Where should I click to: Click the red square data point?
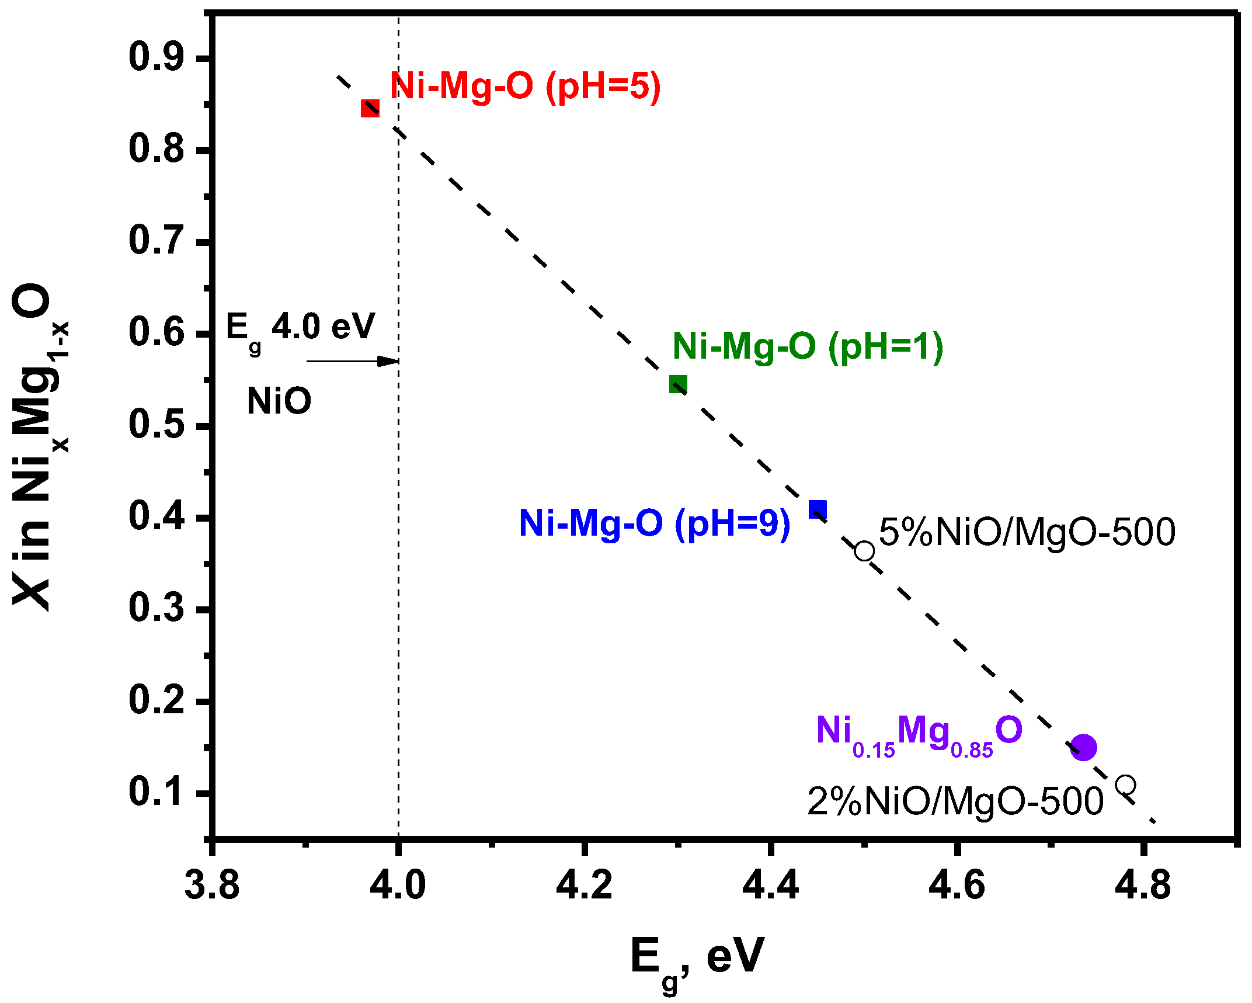coord(370,109)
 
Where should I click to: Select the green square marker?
coord(678,384)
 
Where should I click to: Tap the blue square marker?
coord(818,509)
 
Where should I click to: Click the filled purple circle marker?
coord(1083,747)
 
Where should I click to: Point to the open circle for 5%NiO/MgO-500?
coord(864,551)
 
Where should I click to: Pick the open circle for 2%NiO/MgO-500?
coord(1125,785)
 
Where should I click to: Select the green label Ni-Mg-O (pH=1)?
coord(808,346)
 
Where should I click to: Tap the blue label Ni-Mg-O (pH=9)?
coord(654,523)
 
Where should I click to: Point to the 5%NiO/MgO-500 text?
coord(1027,532)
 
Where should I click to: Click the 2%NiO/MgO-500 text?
coord(955,801)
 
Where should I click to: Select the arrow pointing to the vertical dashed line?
coord(352,361)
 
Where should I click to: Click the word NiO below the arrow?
coord(279,401)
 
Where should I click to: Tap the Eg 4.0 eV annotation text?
coord(300,328)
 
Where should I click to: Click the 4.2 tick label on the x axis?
coord(583,885)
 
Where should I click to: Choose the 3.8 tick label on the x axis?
coord(212,885)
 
